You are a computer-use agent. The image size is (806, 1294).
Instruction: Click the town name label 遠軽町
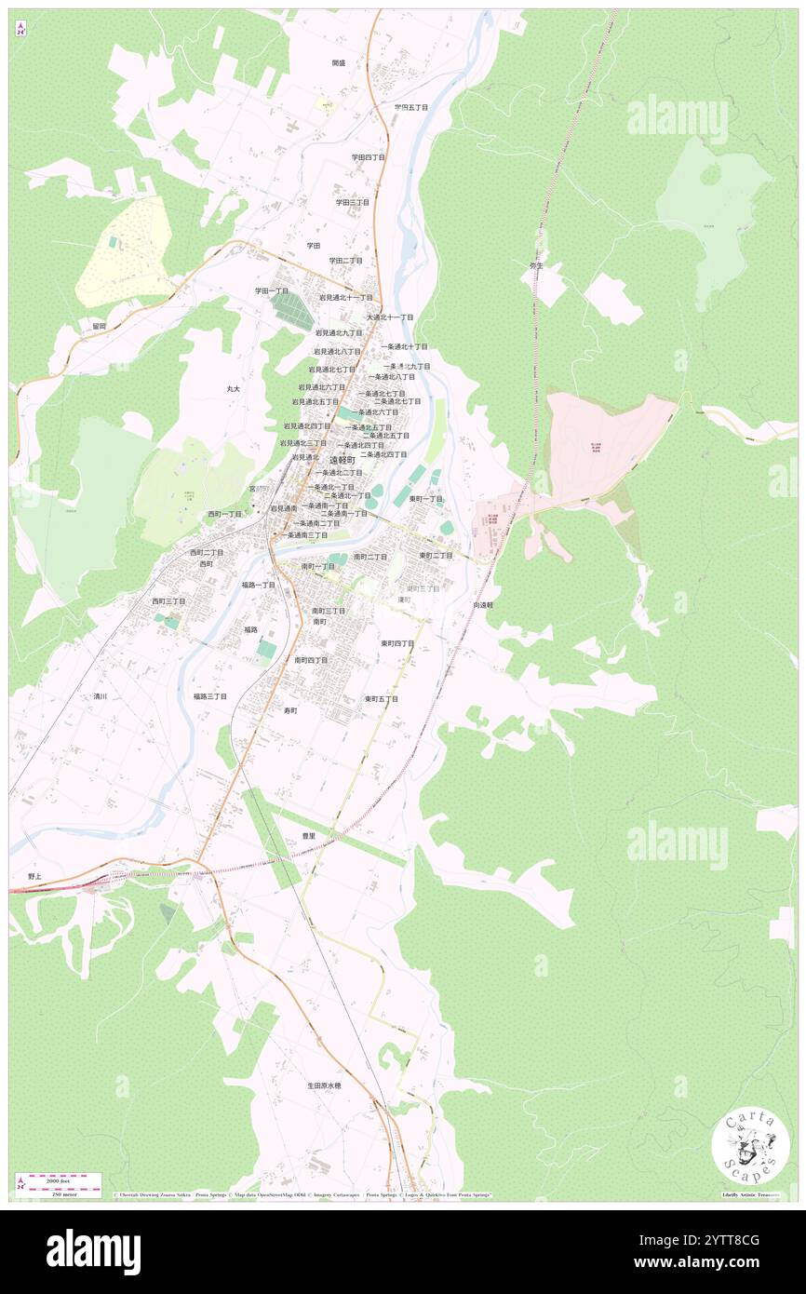tap(342, 460)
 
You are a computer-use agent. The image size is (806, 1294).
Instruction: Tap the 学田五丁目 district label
tap(410, 107)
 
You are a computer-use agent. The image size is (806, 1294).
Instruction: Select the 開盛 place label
tap(338, 62)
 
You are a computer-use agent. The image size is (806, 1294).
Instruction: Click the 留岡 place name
tap(99, 326)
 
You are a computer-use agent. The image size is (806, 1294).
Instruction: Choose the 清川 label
tap(101, 695)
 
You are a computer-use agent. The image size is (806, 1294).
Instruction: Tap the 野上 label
tap(35, 876)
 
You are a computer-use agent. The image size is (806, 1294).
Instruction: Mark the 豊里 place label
tap(308, 836)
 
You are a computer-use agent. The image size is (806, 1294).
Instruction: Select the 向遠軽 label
tap(482, 604)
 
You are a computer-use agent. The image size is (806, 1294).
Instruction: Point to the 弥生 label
tap(535, 265)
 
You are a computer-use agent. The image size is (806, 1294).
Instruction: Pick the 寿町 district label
tap(290, 710)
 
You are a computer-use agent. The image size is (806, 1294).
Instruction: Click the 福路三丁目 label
tap(210, 695)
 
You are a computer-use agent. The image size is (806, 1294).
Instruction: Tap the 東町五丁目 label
tap(382, 698)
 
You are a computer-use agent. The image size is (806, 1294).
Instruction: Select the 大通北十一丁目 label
tap(390, 317)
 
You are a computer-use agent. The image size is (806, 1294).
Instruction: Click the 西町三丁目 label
tap(168, 601)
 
